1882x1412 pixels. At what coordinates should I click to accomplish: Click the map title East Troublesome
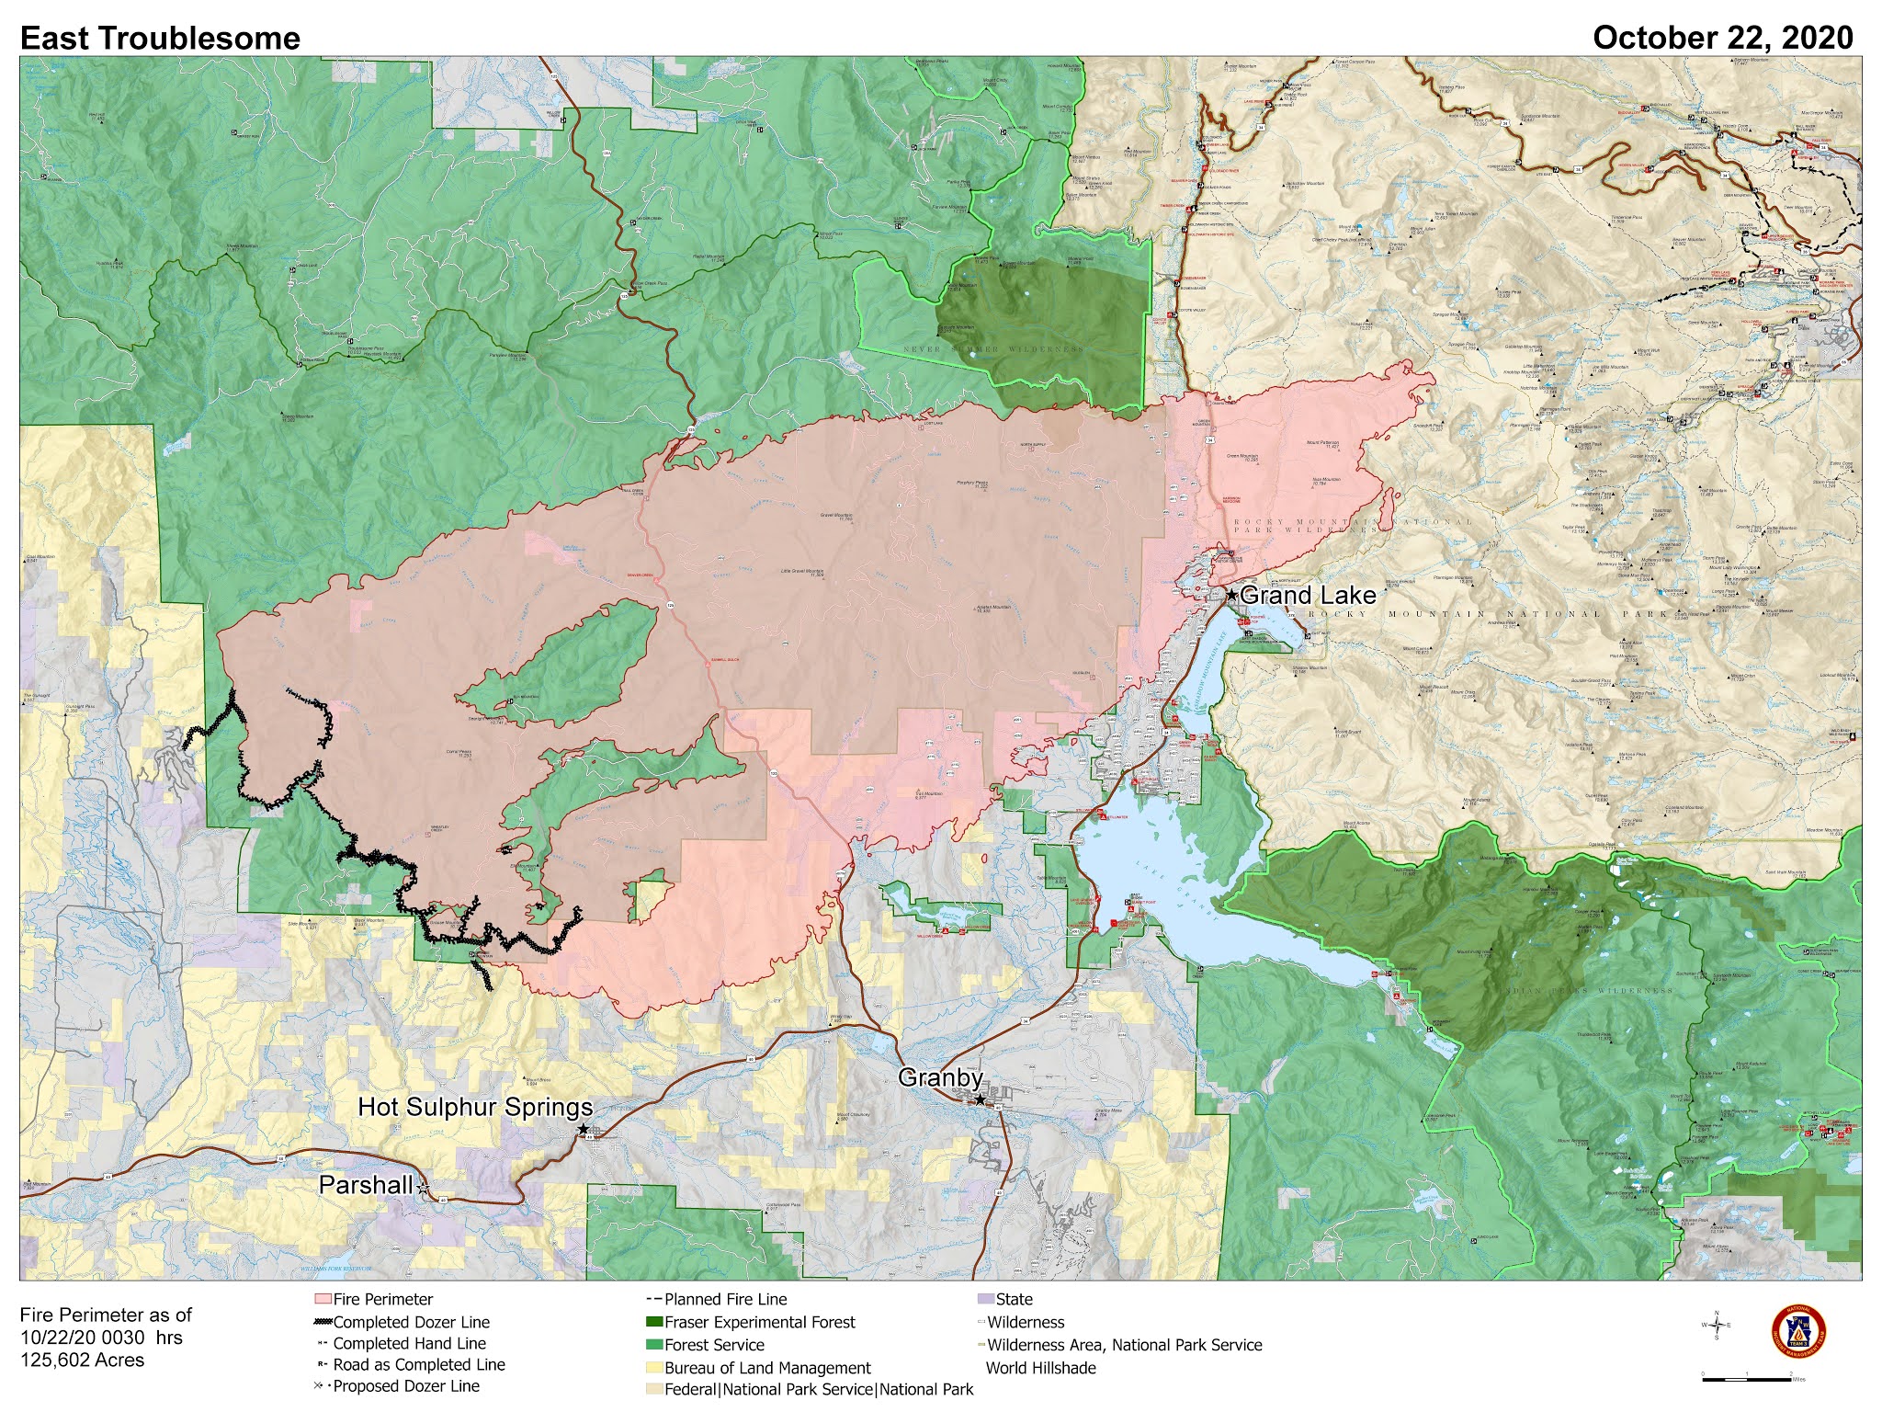[160, 39]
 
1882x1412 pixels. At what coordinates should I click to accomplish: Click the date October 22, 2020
[1722, 38]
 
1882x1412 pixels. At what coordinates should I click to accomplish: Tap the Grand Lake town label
[1308, 595]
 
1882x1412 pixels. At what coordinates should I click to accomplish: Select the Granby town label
[940, 1077]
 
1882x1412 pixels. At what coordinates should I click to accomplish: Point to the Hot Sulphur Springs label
[475, 1107]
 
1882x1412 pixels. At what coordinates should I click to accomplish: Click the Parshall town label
[366, 1185]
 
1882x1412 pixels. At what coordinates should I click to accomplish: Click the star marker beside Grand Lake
[1232, 596]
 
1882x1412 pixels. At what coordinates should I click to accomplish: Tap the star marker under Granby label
[980, 1099]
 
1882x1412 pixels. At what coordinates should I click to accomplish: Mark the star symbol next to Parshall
[423, 1189]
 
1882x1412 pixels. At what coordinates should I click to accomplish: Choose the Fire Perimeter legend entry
[382, 1299]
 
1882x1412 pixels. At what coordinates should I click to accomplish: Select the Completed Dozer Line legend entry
[411, 1322]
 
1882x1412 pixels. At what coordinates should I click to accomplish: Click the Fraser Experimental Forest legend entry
[759, 1322]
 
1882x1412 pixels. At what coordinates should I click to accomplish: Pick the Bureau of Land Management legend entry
[767, 1368]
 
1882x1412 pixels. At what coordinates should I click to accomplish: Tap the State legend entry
[1014, 1299]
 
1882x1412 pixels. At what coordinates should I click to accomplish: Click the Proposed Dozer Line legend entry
[406, 1386]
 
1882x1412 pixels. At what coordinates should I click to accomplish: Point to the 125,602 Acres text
[82, 1360]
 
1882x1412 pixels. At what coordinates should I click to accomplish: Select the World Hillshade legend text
[1040, 1368]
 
